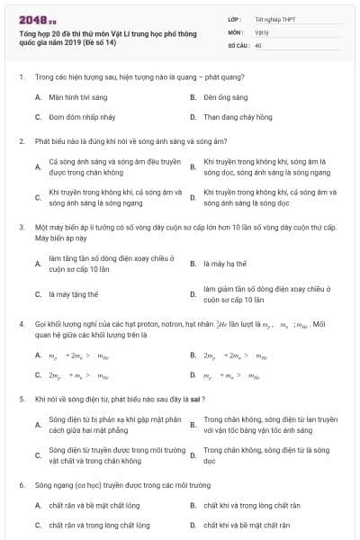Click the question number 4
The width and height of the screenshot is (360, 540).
[21, 323]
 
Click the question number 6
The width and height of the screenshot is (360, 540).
[21, 484]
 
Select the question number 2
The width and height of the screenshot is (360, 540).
[21, 140]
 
